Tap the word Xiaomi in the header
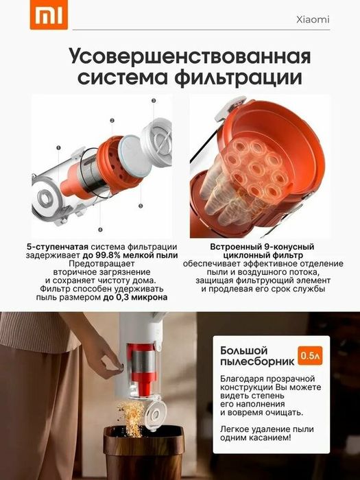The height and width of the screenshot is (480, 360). point(312,20)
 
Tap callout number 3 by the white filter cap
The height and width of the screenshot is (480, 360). point(154,101)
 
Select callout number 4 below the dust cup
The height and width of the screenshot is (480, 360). point(99,229)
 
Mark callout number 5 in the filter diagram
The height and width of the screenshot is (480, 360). point(141,205)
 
